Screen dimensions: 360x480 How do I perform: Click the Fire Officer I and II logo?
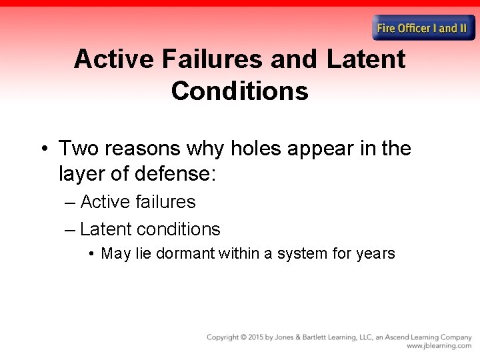pyautogui.click(x=423, y=28)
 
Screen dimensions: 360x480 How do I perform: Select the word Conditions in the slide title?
pyautogui.click(x=239, y=91)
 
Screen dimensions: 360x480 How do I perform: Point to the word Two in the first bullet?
pyautogui.click(x=79, y=148)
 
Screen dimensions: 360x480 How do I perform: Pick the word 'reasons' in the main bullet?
pyautogui.click(x=141, y=148)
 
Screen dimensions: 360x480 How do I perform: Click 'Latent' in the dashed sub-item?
pyautogui.click(x=105, y=229)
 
